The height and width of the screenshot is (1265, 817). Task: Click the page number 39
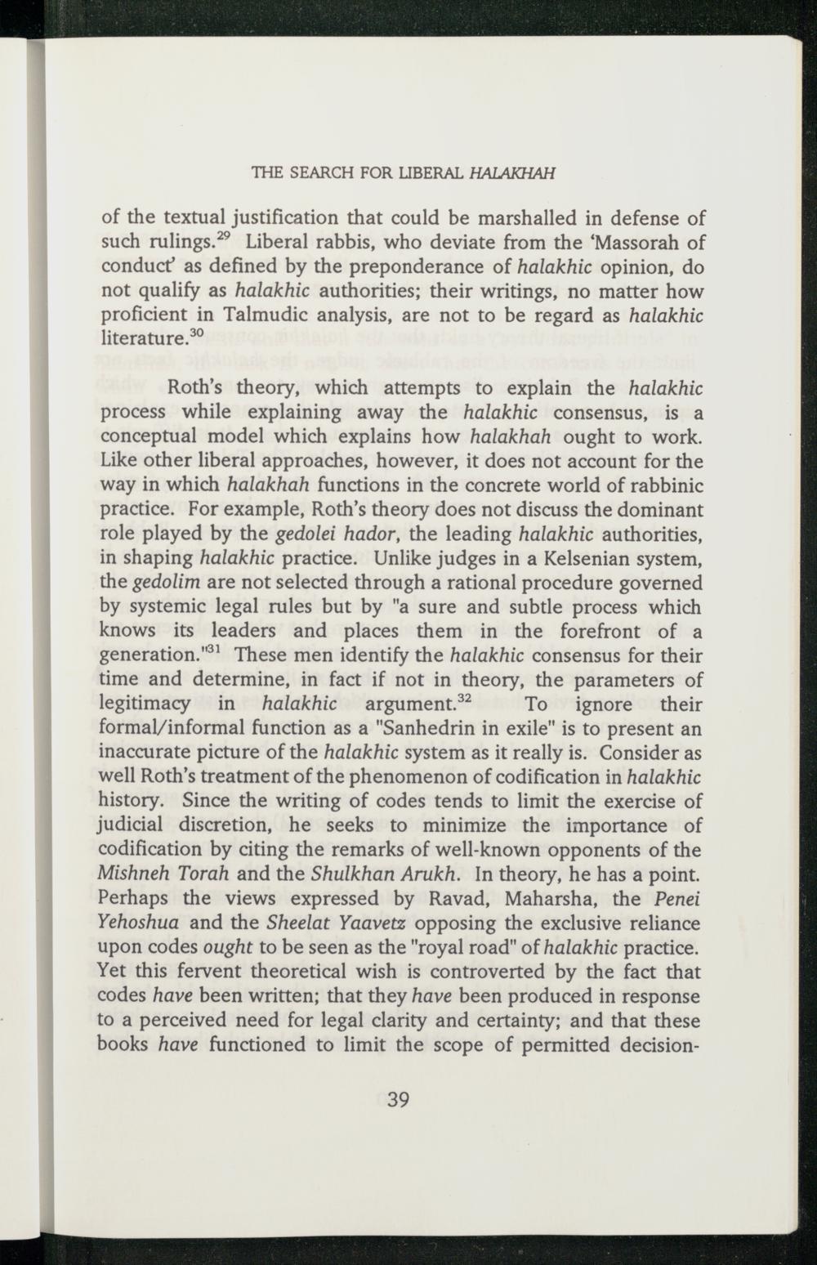(397, 1099)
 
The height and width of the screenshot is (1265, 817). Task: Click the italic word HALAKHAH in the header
(518, 172)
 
